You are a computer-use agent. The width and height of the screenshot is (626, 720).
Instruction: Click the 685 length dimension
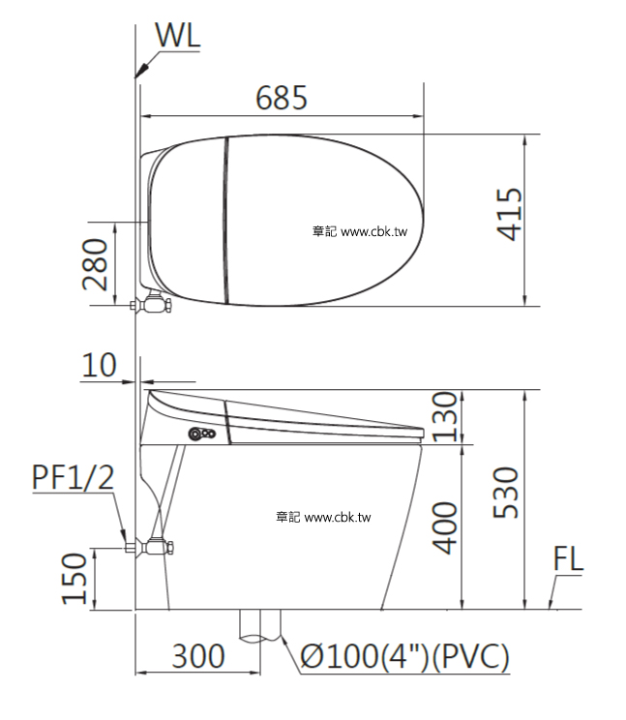pyautogui.click(x=282, y=98)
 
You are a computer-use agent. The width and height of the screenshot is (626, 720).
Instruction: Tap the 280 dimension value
pyautogui.click(x=95, y=265)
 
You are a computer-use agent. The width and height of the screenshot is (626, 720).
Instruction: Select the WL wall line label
pyautogui.click(x=177, y=36)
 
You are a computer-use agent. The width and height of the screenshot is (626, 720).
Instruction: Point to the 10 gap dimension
pyautogui.click(x=99, y=366)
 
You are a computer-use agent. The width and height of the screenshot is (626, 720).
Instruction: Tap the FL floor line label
pyautogui.click(x=569, y=560)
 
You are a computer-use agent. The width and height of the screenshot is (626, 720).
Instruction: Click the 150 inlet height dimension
pyautogui.click(x=78, y=579)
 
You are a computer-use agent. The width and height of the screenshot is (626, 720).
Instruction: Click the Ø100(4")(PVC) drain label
pyautogui.click(x=404, y=658)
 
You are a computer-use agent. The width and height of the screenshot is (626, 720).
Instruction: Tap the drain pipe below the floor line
pyautogui.click(x=260, y=625)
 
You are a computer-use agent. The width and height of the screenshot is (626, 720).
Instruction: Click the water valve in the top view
pyautogui.click(x=152, y=306)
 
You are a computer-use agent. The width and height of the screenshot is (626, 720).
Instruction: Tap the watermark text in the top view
pyautogui.click(x=360, y=232)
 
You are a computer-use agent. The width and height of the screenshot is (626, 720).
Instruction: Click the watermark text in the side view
pyautogui.click(x=323, y=518)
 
